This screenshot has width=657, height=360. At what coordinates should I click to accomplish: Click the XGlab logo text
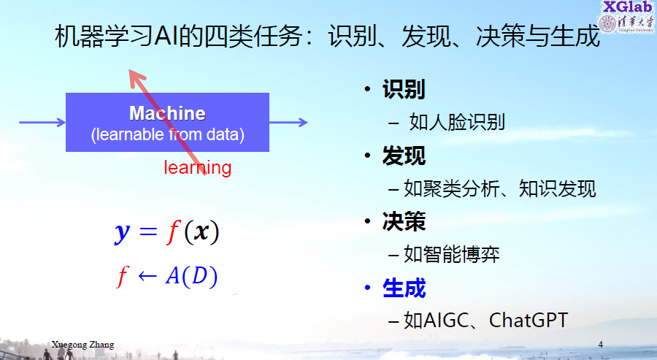pyautogui.click(x=628, y=7)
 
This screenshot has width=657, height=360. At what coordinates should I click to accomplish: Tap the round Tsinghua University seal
pyautogui.click(x=607, y=23)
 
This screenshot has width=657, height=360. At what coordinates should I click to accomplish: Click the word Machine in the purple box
pyautogui.click(x=168, y=113)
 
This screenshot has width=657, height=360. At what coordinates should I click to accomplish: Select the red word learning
pyautogui.click(x=197, y=168)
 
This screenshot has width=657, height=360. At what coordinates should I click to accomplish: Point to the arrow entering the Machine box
pyautogui.click(x=42, y=123)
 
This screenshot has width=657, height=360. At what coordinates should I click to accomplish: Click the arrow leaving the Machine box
pyautogui.click(x=288, y=123)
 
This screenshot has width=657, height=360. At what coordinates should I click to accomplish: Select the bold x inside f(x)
pyautogui.click(x=201, y=231)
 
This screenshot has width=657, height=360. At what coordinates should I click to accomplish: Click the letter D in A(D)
pyautogui.click(x=199, y=276)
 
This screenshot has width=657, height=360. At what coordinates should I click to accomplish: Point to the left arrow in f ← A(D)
pyautogui.click(x=147, y=276)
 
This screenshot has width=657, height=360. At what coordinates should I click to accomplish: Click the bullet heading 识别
pyautogui.click(x=404, y=89)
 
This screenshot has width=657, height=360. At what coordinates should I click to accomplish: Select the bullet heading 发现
pyautogui.click(x=404, y=156)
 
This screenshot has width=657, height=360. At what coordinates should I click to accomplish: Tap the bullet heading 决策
pyautogui.click(x=404, y=222)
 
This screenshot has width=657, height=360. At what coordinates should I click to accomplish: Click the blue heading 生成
pyautogui.click(x=404, y=288)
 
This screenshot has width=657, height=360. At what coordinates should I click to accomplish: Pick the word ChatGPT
pyautogui.click(x=529, y=320)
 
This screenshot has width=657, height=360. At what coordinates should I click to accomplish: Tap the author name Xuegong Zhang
pyautogui.click(x=82, y=345)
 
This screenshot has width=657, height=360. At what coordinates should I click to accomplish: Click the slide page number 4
pyautogui.click(x=601, y=345)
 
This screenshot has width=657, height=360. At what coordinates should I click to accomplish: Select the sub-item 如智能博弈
pyautogui.click(x=452, y=254)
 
